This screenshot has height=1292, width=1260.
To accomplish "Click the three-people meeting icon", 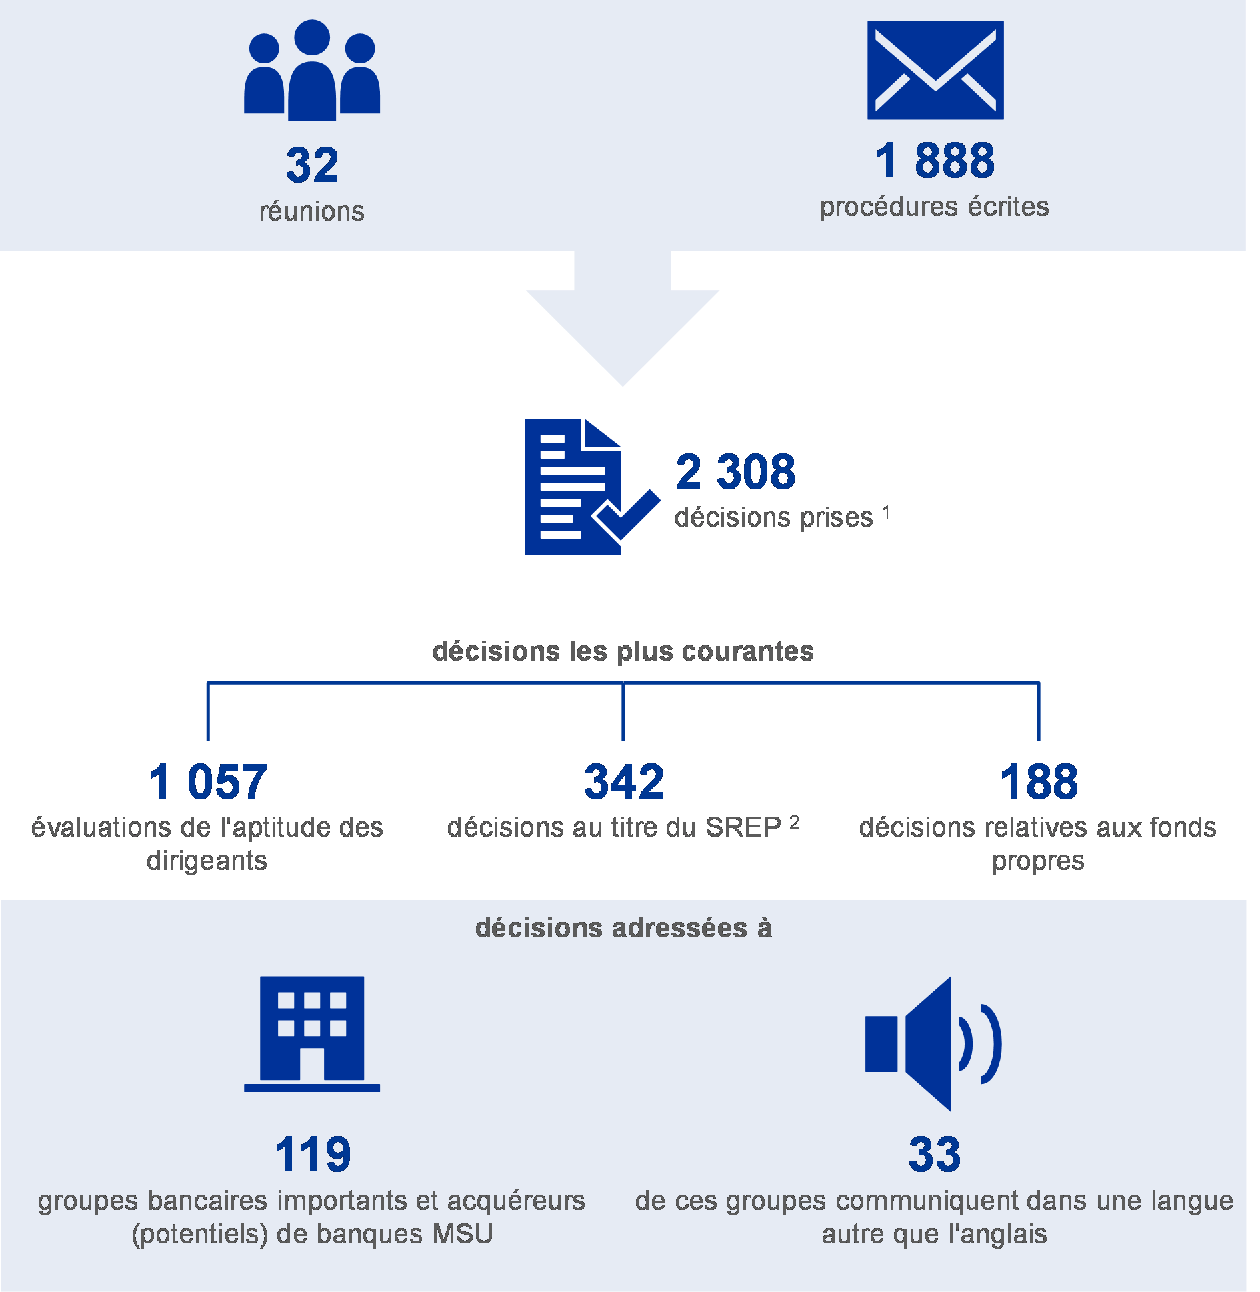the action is (312, 70).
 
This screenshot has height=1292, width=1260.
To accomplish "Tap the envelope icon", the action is (935, 71).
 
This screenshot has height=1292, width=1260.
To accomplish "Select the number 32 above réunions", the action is (312, 165).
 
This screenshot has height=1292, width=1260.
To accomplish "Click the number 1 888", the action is (935, 161).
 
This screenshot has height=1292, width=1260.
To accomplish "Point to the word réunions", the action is (312, 211).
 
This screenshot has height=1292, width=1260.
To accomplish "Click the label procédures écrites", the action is (935, 207).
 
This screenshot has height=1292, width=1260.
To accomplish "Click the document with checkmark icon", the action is (593, 487).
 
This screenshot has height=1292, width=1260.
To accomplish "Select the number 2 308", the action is (735, 472).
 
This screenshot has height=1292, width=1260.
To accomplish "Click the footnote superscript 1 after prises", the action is (886, 513).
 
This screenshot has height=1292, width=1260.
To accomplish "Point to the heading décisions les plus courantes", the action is (623, 651).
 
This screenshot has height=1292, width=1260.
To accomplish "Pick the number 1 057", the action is (208, 782).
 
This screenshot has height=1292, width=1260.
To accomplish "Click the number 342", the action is (624, 782).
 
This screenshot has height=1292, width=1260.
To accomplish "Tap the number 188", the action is (1039, 782).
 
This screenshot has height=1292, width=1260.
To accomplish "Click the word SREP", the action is (744, 827).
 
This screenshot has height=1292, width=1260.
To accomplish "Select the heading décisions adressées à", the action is (623, 928).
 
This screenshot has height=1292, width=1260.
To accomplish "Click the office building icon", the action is (312, 1034).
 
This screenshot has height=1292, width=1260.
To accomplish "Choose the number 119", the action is (313, 1155).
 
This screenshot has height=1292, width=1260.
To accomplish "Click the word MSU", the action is (463, 1235).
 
